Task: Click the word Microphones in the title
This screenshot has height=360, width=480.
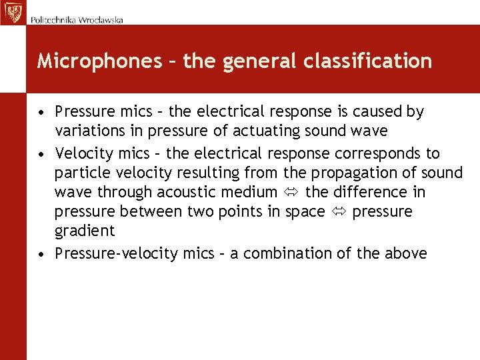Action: [x=99, y=61]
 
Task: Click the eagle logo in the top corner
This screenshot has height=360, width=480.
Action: [x=13, y=12]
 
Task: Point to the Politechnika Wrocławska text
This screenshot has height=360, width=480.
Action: [x=77, y=20]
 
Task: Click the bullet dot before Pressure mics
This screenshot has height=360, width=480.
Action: [x=42, y=112]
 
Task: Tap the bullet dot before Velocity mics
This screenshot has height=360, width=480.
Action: [x=42, y=154]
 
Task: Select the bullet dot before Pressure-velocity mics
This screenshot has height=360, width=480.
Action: [x=42, y=254]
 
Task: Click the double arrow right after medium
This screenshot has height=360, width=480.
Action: [x=291, y=193]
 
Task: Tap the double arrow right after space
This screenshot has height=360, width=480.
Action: [x=338, y=212]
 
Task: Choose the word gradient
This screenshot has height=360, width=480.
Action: [x=85, y=231]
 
